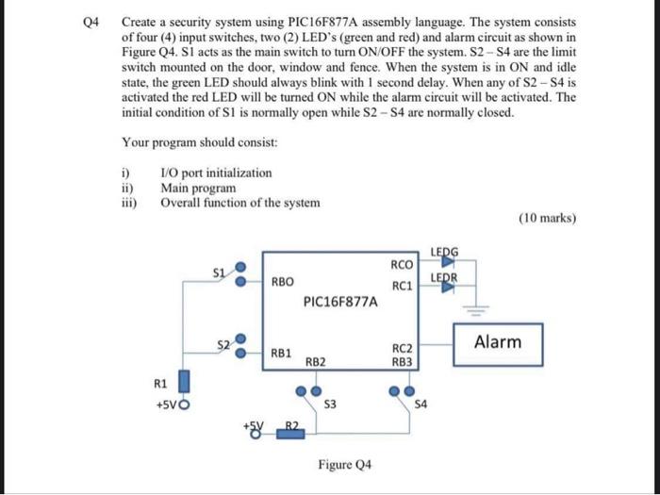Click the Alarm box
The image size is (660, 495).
[x=498, y=342]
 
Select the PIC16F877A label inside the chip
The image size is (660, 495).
[x=341, y=303]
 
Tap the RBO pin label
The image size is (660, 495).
[x=283, y=281]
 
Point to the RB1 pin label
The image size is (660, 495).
[x=281, y=352]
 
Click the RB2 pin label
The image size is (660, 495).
[x=316, y=361]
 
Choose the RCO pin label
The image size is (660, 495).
[x=402, y=265]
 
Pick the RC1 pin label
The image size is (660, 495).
[x=402, y=286]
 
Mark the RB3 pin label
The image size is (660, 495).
[x=402, y=361]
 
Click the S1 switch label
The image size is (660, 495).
[x=218, y=271]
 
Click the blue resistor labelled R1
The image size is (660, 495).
[x=184, y=382]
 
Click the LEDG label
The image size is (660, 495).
[x=445, y=251]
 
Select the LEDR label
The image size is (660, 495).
[x=444, y=277]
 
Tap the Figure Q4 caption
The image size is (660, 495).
[x=344, y=465]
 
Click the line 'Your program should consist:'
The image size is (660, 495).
[x=200, y=143]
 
